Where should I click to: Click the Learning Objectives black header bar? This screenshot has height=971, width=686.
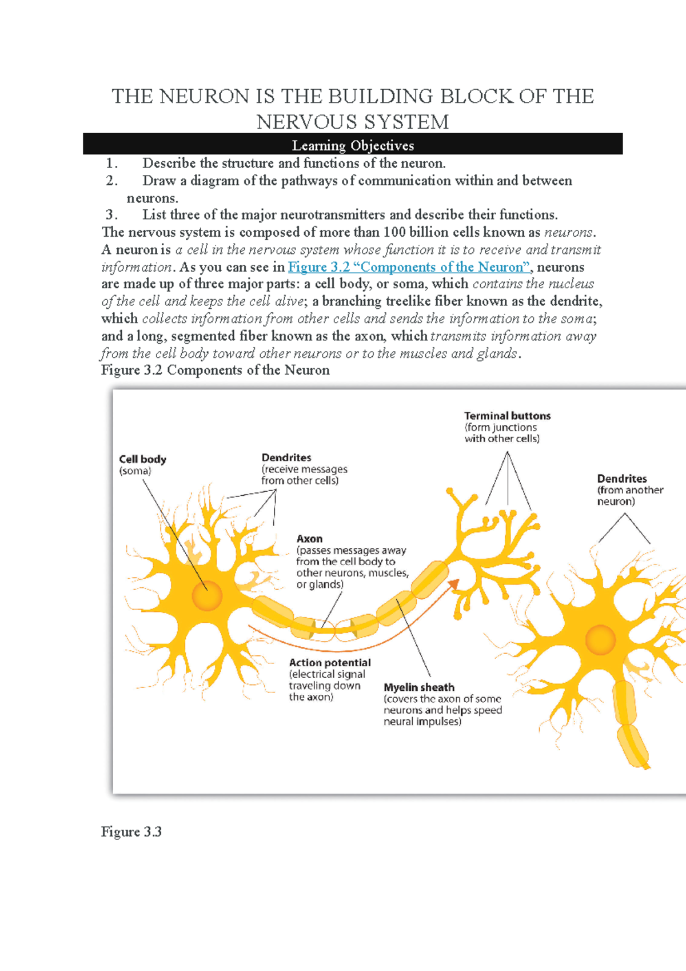coord(353,145)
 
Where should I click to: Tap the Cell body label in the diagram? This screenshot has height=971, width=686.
coord(142,459)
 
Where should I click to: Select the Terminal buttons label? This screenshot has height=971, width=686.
coord(507,416)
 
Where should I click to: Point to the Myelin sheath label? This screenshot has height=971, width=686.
coord(419,687)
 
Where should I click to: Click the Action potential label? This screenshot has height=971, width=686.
coord(330,663)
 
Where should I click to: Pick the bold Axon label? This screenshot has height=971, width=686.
coord(309,539)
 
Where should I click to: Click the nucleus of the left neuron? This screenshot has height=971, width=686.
coord(207,596)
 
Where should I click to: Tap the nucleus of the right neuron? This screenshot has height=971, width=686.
coord(600,639)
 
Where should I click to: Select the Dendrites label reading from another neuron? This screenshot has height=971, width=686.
coord(622,479)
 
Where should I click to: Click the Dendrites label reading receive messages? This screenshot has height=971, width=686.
coord(286,457)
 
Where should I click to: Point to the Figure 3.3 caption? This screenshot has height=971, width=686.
coord(131,831)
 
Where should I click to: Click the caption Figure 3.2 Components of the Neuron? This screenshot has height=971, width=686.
coord(216,370)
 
